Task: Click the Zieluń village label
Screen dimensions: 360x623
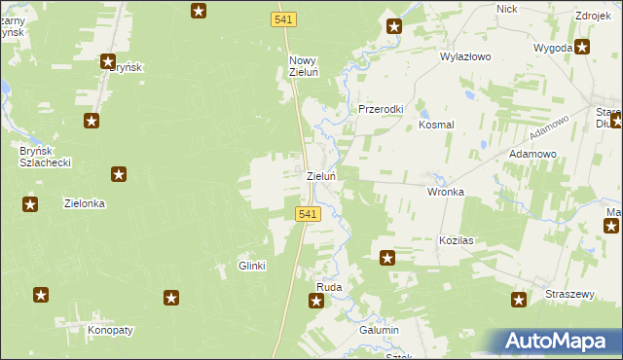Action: coord(321,177)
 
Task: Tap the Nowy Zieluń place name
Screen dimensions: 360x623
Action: coord(304,66)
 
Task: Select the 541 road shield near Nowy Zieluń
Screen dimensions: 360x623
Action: coord(283,19)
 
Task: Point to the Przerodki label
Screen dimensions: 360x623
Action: coord(381,110)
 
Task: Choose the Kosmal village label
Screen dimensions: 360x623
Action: coord(436,125)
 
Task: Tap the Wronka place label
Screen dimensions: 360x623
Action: coord(446,192)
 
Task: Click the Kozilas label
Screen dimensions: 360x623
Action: coord(456,239)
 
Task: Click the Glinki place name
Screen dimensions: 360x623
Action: coord(252,266)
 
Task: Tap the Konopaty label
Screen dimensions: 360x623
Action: coord(110,330)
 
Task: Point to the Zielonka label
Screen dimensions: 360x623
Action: coord(84,204)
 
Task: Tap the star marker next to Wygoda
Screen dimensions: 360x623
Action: coord(582,46)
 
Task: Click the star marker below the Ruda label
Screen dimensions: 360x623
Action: coord(316,302)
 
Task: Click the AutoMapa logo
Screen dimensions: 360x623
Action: coord(560,342)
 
